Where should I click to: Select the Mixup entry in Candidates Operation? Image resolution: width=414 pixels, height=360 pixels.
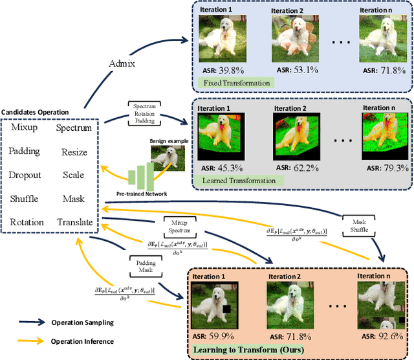click(x=26, y=128)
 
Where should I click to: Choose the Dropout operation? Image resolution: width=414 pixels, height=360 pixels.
click(x=25, y=175)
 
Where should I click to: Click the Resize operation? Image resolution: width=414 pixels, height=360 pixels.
click(x=73, y=151)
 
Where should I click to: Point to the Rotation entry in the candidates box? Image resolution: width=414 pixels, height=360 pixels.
click(x=27, y=222)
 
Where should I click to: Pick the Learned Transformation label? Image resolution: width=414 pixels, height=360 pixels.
click(x=240, y=180)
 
